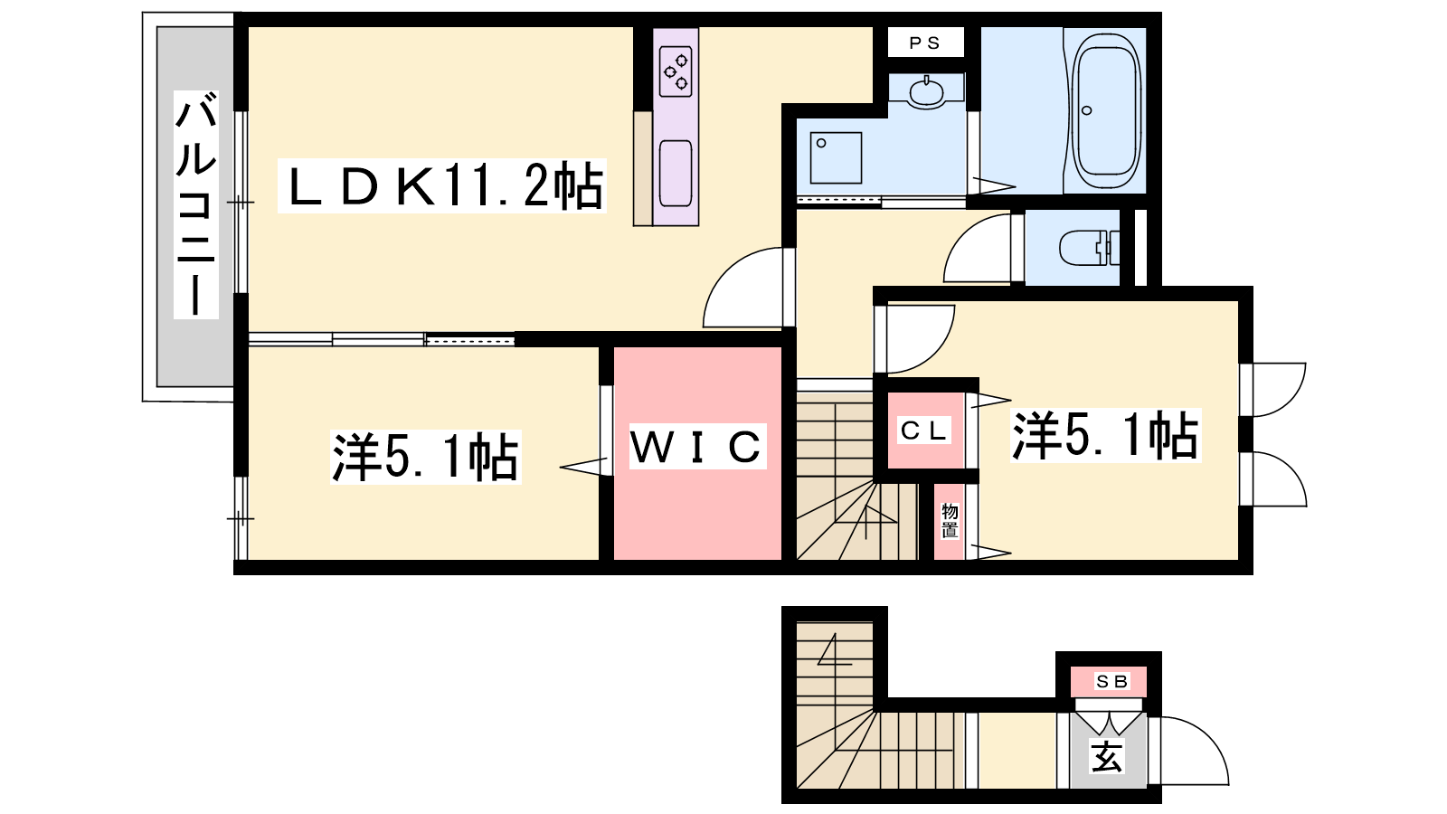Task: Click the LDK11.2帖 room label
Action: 442,186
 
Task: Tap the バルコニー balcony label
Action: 195,204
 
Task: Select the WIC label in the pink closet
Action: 697,447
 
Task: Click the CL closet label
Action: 924,431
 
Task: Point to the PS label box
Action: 926,43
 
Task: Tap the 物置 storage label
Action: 950,521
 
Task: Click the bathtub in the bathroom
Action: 1106,109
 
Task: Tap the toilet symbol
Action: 1089,248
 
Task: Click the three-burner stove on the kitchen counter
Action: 676,71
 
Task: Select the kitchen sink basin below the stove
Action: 676,173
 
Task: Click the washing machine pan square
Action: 836,157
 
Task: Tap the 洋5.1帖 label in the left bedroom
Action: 426,457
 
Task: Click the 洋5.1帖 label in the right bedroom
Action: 1105,435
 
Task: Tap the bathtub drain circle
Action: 1086,110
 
